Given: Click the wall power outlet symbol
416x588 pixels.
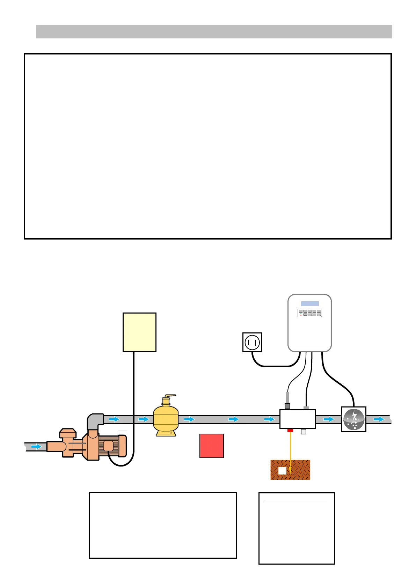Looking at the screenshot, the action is pos(252,342).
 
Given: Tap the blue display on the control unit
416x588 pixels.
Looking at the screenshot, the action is pos(310,304).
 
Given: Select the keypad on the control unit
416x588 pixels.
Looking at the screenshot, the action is pos(310,313).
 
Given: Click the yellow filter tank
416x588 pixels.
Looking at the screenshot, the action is pos(166,418).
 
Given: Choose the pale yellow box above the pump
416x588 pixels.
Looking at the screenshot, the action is pos(139,332).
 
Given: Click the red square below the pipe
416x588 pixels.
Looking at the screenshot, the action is pos(211,446).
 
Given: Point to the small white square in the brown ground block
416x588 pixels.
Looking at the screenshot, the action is pos(282,471).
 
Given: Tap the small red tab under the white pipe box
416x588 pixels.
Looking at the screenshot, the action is pos(290,431).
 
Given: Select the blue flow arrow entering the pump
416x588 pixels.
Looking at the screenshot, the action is pos(36,447).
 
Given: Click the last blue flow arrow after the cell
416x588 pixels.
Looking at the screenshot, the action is pos(379,419).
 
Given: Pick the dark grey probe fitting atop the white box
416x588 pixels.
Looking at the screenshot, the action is pos(287,406).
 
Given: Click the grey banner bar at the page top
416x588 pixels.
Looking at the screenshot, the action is pos(214,31).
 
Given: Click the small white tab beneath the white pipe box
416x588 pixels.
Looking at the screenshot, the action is pos(303,432).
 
